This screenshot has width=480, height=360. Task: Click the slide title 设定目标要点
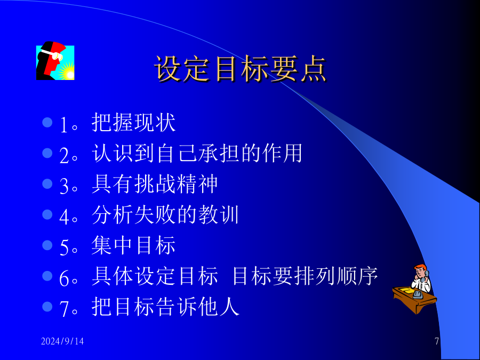(x=241, y=69)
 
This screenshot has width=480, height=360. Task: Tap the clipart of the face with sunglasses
(x=55, y=61)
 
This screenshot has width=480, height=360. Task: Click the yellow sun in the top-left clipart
(x=67, y=72)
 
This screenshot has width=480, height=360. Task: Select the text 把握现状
(x=133, y=123)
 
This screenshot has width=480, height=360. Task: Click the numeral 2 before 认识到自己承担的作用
(x=64, y=155)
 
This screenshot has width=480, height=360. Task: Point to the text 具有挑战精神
(x=155, y=184)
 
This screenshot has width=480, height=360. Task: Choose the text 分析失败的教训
(x=165, y=214)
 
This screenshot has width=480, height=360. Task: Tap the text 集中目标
(x=133, y=245)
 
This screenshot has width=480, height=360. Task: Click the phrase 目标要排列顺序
(x=305, y=276)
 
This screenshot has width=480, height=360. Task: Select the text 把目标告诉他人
(x=165, y=307)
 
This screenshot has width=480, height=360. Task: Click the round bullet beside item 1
(x=47, y=123)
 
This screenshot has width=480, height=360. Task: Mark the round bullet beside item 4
(x=47, y=214)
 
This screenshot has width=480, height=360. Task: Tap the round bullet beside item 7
(x=47, y=307)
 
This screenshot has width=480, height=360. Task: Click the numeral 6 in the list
(x=64, y=278)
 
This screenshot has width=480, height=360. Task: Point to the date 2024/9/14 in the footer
(x=62, y=341)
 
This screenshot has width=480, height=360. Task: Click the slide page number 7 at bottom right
(x=437, y=341)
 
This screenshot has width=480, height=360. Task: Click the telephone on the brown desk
(x=418, y=294)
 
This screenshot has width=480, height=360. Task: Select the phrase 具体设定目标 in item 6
(x=155, y=276)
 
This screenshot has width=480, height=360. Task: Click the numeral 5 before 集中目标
(x=64, y=247)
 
